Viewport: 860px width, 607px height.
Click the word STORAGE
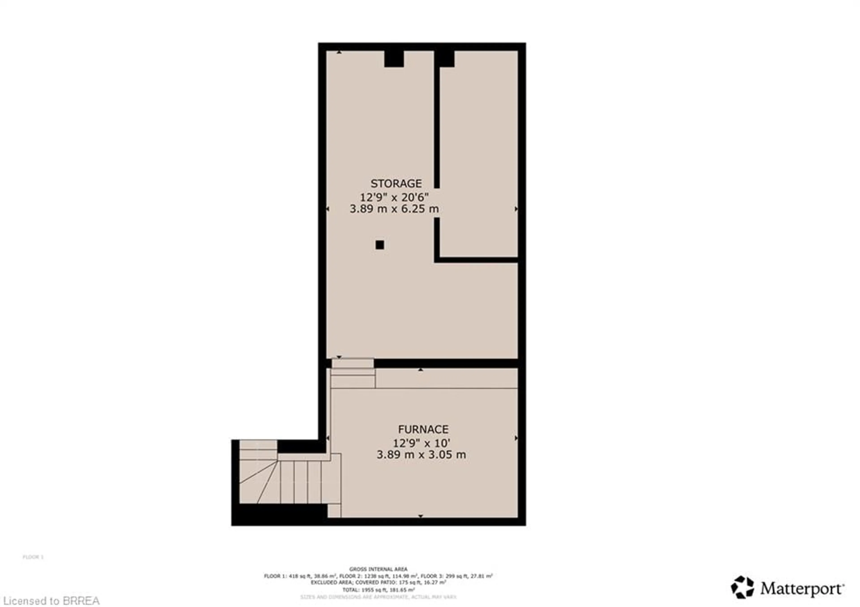[x=396, y=183]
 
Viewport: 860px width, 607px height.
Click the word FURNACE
[x=423, y=429]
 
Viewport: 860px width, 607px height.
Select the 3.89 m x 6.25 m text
[x=394, y=209]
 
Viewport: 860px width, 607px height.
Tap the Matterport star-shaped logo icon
[x=742, y=587]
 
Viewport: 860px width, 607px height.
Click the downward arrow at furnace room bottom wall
[x=420, y=516]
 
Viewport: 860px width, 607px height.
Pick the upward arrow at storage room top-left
[x=339, y=52]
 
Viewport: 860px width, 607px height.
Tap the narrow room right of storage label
[x=479, y=154]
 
